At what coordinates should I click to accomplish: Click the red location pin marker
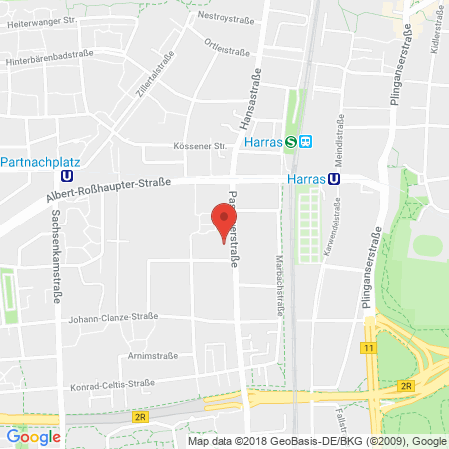click(x=222, y=221)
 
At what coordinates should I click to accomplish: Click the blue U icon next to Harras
click(x=334, y=179)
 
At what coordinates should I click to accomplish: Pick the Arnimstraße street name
click(x=152, y=355)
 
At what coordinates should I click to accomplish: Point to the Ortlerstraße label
click(x=227, y=45)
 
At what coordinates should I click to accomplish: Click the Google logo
click(x=33, y=436)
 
